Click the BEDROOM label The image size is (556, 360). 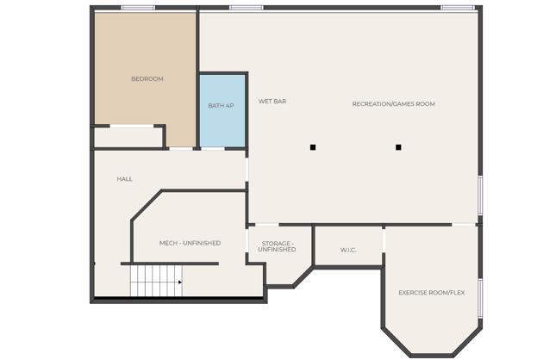tap(147, 79)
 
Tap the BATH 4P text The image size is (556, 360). tap(221, 106)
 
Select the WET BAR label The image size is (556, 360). tap(272, 102)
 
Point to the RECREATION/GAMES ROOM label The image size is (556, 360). tap(393, 104)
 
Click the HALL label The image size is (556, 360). tap(125, 179)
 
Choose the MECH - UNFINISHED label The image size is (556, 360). tap(190, 243)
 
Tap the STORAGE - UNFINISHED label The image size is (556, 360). tap(278, 246)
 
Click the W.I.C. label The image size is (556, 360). tap(348, 251)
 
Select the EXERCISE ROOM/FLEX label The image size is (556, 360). tap(431, 293)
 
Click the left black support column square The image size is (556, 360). tap(313, 147)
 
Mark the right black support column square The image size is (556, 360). tap(398, 147)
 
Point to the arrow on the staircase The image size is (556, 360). tap(179, 282)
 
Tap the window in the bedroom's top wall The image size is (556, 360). tap(138, 8)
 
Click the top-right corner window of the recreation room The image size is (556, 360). tap(457, 8)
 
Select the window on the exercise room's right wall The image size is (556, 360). tap(480, 294)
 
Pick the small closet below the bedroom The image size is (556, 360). tap(128, 137)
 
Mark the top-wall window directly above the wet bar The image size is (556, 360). tap(246, 8)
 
